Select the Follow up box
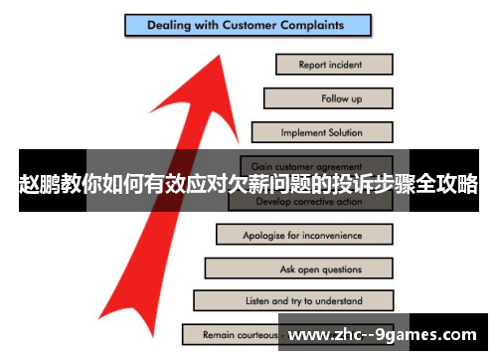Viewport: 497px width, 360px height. coord(327,98)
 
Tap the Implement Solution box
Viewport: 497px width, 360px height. coord(321,132)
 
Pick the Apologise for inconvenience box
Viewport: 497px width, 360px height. coord(303,236)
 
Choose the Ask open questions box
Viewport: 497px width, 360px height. coord(297,269)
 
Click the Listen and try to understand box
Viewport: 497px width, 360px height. coord(292,300)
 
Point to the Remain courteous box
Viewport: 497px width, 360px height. coord(235,334)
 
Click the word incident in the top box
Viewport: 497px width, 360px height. coord(346,65)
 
